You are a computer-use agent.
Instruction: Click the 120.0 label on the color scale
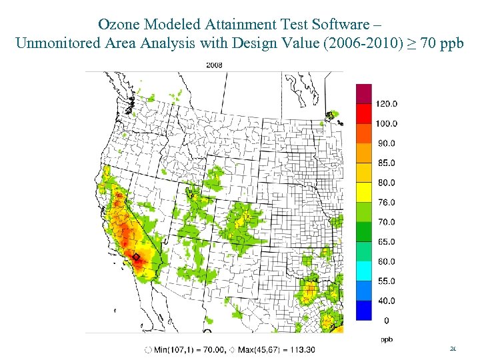click(387, 103)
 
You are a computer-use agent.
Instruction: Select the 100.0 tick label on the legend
click(387, 123)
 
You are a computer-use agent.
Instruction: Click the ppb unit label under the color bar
click(387, 339)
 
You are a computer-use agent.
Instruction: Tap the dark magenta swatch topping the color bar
click(364, 93)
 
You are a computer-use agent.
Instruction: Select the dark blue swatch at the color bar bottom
click(364, 311)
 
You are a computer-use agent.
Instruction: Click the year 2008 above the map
click(214, 65)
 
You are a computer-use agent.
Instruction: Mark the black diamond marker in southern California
click(136, 257)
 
